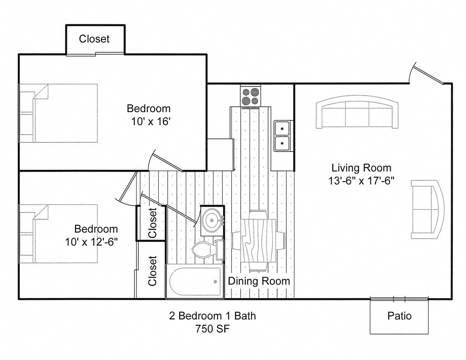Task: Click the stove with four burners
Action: point(251,96)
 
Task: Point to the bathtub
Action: point(195,282)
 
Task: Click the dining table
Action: point(258,241)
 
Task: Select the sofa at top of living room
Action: point(357,112)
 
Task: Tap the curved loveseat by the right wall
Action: point(428,209)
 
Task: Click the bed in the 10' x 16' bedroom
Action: point(58,113)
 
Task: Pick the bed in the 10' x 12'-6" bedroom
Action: point(58,233)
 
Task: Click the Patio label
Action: point(400,316)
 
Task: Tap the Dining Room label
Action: point(259,281)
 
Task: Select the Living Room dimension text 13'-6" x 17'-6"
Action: point(361,181)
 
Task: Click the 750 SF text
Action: point(213,329)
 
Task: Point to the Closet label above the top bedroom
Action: point(94,39)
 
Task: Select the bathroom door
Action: point(167,209)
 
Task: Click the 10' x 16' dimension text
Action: point(151,122)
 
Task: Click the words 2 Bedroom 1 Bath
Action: point(213,316)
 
